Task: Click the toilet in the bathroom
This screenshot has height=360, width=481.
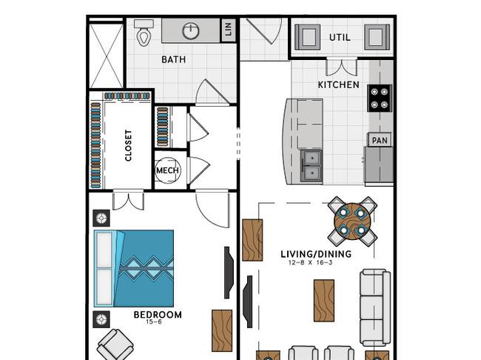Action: point(144,33)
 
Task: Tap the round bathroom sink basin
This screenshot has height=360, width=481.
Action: point(191,30)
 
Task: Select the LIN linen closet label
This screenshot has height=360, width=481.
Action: point(229,30)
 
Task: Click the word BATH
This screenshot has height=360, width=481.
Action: point(174,59)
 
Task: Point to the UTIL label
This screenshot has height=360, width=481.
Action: point(340,38)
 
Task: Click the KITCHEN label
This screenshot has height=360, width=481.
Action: point(339,84)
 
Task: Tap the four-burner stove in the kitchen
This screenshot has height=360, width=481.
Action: point(380,99)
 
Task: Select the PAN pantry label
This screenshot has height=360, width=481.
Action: point(380,141)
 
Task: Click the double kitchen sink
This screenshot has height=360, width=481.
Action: point(312,166)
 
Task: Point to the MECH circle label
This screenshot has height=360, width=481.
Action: point(167,170)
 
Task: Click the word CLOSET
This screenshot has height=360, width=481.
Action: point(128,146)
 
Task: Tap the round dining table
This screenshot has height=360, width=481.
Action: point(352,221)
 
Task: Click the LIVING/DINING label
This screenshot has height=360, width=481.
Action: point(316,254)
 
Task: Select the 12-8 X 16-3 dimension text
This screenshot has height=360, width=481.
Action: point(310,263)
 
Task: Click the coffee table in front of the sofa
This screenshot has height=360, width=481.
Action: point(324,301)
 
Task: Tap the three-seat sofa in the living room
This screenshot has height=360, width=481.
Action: point(375,308)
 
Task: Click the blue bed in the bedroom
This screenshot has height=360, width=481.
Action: point(134,268)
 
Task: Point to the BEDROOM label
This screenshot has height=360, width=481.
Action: point(158,315)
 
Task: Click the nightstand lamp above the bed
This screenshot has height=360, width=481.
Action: point(101,219)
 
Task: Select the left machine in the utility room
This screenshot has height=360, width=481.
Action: point(307,37)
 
